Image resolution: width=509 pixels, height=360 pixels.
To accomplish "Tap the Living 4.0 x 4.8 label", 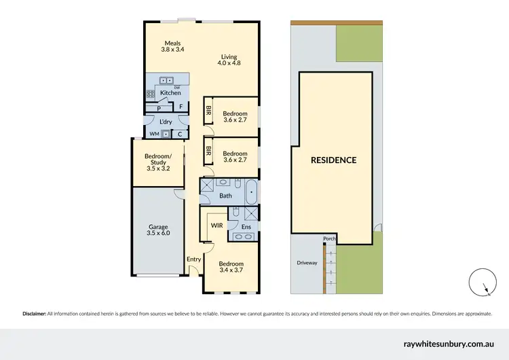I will click(229, 59).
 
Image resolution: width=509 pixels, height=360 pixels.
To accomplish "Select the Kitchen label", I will click(170, 92).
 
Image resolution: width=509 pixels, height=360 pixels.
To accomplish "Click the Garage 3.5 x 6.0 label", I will click(158, 230).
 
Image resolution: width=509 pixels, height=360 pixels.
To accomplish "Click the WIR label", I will click(216, 224).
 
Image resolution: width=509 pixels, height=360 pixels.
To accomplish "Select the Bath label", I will click(225, 196).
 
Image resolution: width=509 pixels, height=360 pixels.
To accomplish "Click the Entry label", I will click(193, 259).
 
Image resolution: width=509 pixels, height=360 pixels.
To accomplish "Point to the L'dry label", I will click(166, 122).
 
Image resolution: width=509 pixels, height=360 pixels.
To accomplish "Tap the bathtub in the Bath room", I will click(250, 193).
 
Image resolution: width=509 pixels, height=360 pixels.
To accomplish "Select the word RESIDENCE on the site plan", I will click(333, 160).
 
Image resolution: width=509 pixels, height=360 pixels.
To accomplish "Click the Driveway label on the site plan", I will click(307, 263).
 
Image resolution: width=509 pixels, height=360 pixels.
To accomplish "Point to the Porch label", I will click(330, 238).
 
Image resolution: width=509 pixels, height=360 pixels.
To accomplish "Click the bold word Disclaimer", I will click(34, 314).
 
